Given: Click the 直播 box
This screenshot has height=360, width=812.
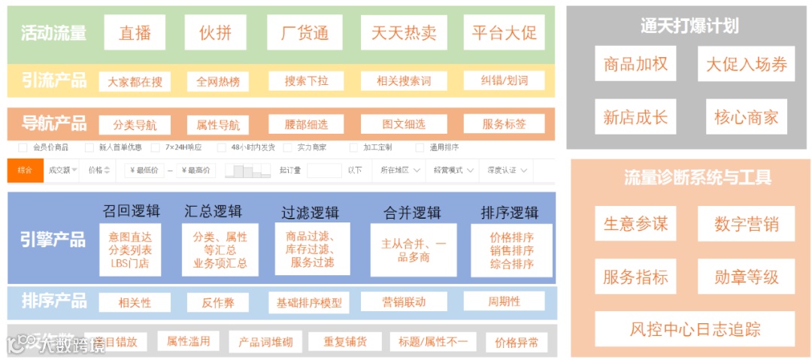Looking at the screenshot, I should tap(135, 33).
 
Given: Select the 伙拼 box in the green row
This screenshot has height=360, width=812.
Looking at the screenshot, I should tap(216, 33).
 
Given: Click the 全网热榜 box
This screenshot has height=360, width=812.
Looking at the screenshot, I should tap(218, 81).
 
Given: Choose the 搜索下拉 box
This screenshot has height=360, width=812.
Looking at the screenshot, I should tap(306, 81).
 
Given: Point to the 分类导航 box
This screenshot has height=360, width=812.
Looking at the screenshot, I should tap(135, 125).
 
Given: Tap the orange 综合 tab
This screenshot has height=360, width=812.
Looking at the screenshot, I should tap(25, 171).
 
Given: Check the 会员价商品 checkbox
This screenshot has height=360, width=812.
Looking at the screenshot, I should tap(23, 147).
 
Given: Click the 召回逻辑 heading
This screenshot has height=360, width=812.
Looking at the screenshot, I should tap(131, 211).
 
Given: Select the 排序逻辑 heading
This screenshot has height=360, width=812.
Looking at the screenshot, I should tap(510, 213).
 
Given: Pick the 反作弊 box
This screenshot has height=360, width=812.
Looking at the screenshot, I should tap(218, 302).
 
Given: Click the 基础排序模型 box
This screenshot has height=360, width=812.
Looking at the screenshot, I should tap(309, 302).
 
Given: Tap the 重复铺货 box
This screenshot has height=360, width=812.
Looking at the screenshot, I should tap(345, 342).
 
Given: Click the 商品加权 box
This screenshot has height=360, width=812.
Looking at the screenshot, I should tap(635, 65).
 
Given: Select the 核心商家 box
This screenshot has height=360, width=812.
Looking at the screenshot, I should tap(746, 117).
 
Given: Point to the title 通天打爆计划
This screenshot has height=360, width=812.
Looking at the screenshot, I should tap(689, 26).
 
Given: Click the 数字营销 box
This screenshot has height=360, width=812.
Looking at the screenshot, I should tap(746, 224).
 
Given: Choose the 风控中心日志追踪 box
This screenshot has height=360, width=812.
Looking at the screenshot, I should tap(695, 329).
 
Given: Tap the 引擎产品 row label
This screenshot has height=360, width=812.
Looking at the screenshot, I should tap(53, 240).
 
